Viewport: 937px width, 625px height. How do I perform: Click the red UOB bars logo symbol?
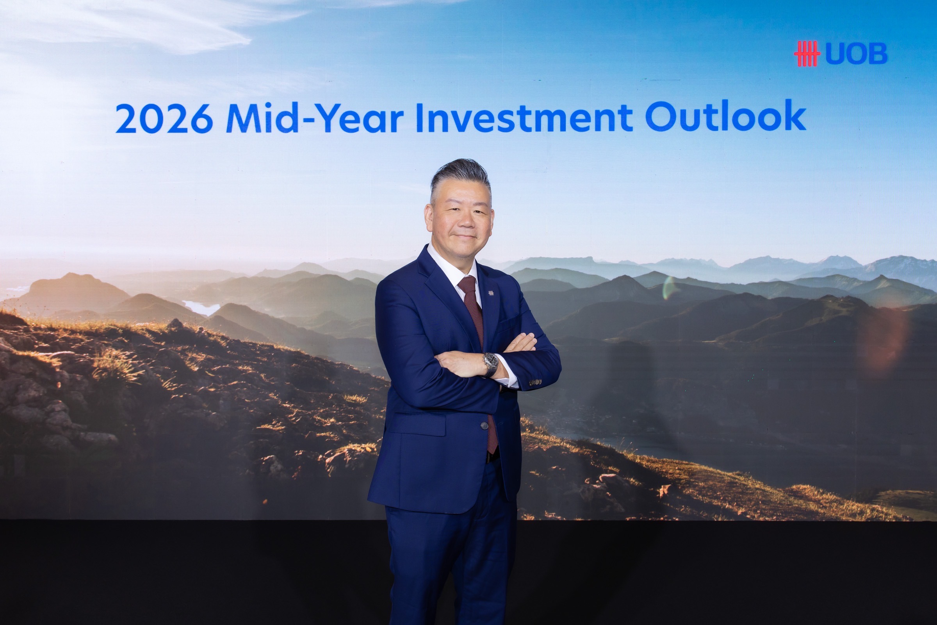tap(807, 54)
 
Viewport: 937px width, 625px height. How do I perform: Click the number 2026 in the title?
tap(164, 118)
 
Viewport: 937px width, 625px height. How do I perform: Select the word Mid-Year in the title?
tap(315, 117)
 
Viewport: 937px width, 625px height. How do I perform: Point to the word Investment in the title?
tap(524, 117)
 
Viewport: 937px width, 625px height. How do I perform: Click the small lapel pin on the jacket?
tap(491, 293)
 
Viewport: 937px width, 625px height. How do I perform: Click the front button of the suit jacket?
tap(484, 426)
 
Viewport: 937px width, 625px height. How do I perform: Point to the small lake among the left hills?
tap(202, 308)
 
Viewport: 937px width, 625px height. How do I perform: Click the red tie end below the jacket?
tap(492, 435)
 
